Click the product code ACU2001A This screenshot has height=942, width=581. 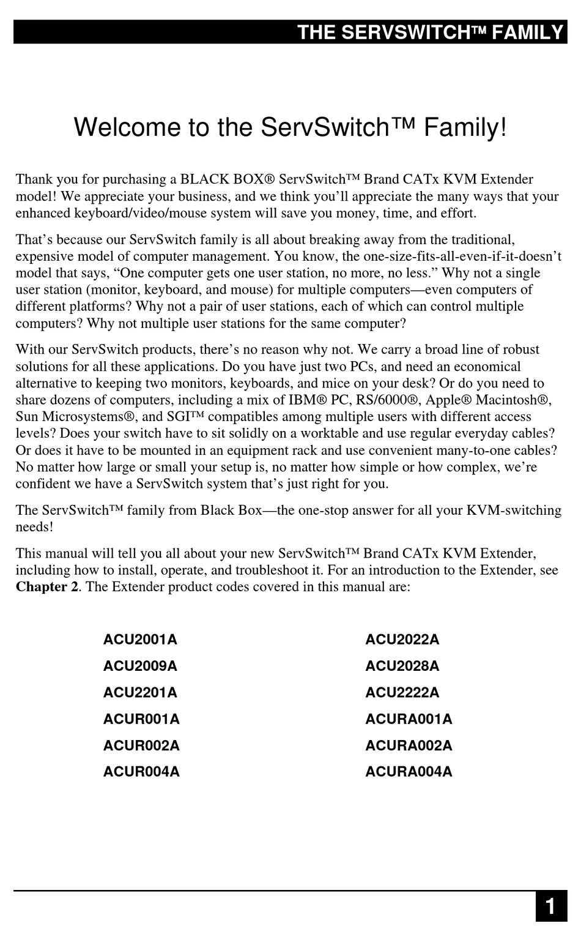140,640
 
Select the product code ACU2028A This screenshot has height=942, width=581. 402,666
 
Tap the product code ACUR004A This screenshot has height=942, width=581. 141,772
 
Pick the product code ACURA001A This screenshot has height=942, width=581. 409,719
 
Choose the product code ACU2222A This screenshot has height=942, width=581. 402,692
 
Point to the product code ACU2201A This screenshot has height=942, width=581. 140,692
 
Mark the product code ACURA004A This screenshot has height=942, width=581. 409,772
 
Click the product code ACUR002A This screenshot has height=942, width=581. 141,746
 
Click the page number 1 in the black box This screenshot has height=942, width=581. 551,906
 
